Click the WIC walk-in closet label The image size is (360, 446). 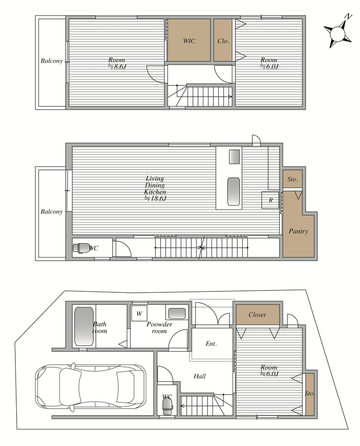(x=189, y=41)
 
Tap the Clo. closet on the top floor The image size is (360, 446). (x=223, y=40)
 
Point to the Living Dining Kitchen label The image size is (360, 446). (x=155, y=185)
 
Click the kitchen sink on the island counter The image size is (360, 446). (x=234, y=191)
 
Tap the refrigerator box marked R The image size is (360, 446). (x=270, y=200)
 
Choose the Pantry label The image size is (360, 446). (x=298, y=231)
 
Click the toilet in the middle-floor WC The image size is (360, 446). (x=81, y=247)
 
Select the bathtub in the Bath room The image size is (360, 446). (x=84, y=326)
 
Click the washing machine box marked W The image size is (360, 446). (x=139, y=313)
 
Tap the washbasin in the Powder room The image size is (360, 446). (x=177, y=313)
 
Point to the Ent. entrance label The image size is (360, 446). (x=211, y=343)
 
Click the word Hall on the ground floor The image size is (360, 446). (x=199, y=376)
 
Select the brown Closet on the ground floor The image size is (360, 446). (x=257, y=315)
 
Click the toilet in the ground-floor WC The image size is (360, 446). (x=167, y=404)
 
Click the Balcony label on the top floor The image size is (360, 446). (x=51, y=61)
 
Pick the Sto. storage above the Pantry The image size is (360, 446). (x=292, y=179)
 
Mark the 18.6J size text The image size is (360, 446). (x=155, y=199)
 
